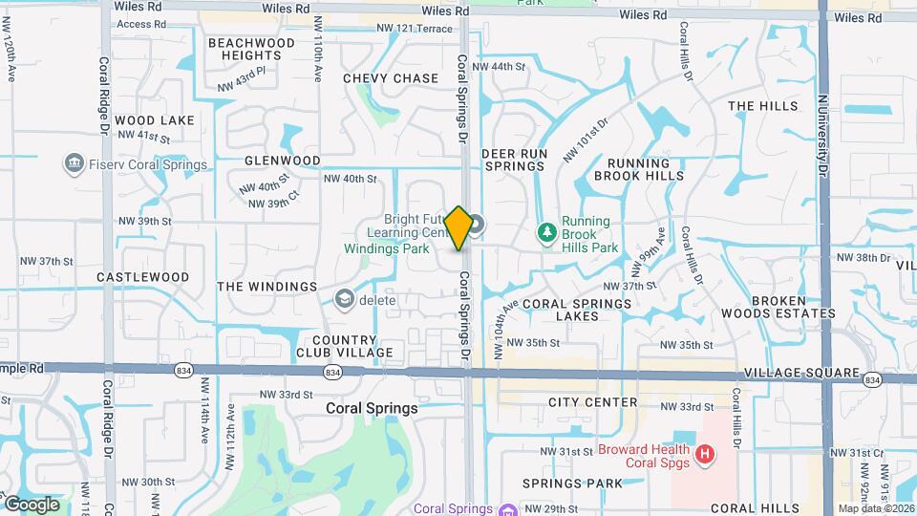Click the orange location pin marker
click(458, 227)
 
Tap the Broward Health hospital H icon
click(705, 453)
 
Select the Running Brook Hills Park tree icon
click(546, 232)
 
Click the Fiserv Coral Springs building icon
click(73, 164)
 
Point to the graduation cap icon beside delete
click(342, 300)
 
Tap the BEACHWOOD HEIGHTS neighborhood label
click(251, 50)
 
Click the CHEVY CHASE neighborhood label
click(390, 78)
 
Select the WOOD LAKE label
click(155, 120)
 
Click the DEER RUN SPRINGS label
click(513, 160)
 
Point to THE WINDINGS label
click(267, 287)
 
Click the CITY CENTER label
click(593, 402)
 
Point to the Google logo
click(32, 504)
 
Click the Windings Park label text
click(387, 248)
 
